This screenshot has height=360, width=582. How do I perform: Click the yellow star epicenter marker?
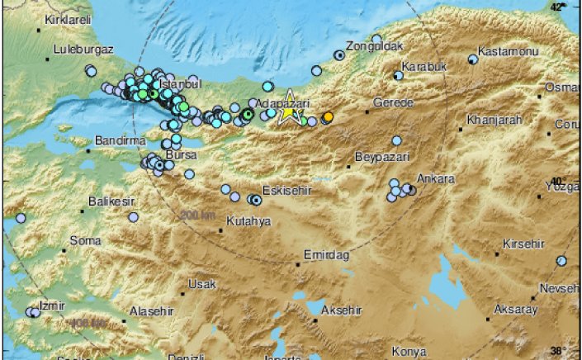(x=289, y=114)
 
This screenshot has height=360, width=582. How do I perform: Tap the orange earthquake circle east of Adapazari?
(x=328, y=117)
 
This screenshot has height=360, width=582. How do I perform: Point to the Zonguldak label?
(x=371, y=46)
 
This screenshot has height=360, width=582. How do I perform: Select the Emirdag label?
(x=326, y=255)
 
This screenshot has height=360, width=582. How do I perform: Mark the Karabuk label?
(x=423, y=66)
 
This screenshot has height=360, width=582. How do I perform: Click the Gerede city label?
(x=392, y=105)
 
